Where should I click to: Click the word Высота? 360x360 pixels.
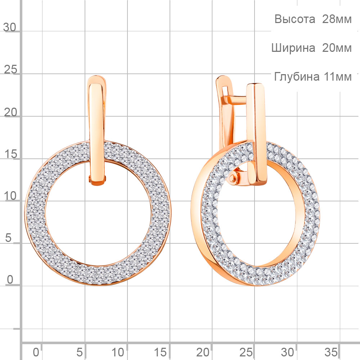(x=294, y=19)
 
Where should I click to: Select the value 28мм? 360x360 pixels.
(x=337, y=19)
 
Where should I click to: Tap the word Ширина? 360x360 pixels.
(x=293, y=48)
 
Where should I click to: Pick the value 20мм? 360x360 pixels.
(x=337, y=48)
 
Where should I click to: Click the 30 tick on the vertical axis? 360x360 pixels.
(x=10, y=27)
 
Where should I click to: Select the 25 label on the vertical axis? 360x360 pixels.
(x=10, y=69)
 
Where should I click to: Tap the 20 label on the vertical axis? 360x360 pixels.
(x=10, y=112)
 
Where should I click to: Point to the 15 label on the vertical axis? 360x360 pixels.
(x=10, y=154)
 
